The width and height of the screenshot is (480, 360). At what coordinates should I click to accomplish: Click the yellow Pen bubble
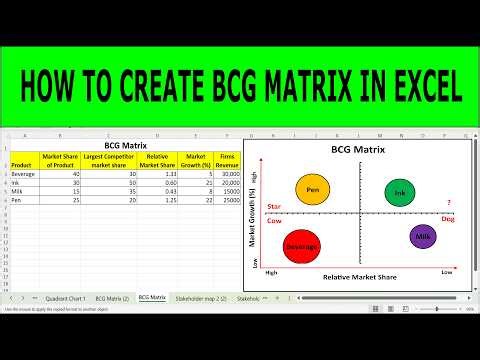(x=313, y=188)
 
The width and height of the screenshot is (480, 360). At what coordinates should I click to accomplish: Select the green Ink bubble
(x=399, y=193)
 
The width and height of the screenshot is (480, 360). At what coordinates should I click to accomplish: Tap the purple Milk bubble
(x=422, y=236)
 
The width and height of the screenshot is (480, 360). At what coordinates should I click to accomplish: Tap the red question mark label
(x=449, y=204)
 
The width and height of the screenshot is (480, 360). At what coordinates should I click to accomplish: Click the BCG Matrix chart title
(x=358, y=151)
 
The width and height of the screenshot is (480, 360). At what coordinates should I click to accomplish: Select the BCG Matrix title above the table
(x=124, y=145)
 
